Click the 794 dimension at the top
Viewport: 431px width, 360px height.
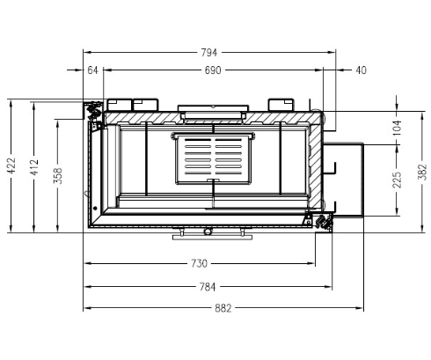pos(208,52)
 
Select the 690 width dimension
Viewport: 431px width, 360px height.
pos(212,70)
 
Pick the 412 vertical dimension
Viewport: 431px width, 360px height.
pos(34,166)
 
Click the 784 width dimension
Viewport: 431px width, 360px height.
pos(208,286)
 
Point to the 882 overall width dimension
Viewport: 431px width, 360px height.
pos(223,308)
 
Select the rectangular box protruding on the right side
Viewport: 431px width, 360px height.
pos(348,180)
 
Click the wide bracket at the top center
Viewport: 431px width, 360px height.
pos(212,111)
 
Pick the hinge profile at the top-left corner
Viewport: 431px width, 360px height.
pos(91,110)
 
